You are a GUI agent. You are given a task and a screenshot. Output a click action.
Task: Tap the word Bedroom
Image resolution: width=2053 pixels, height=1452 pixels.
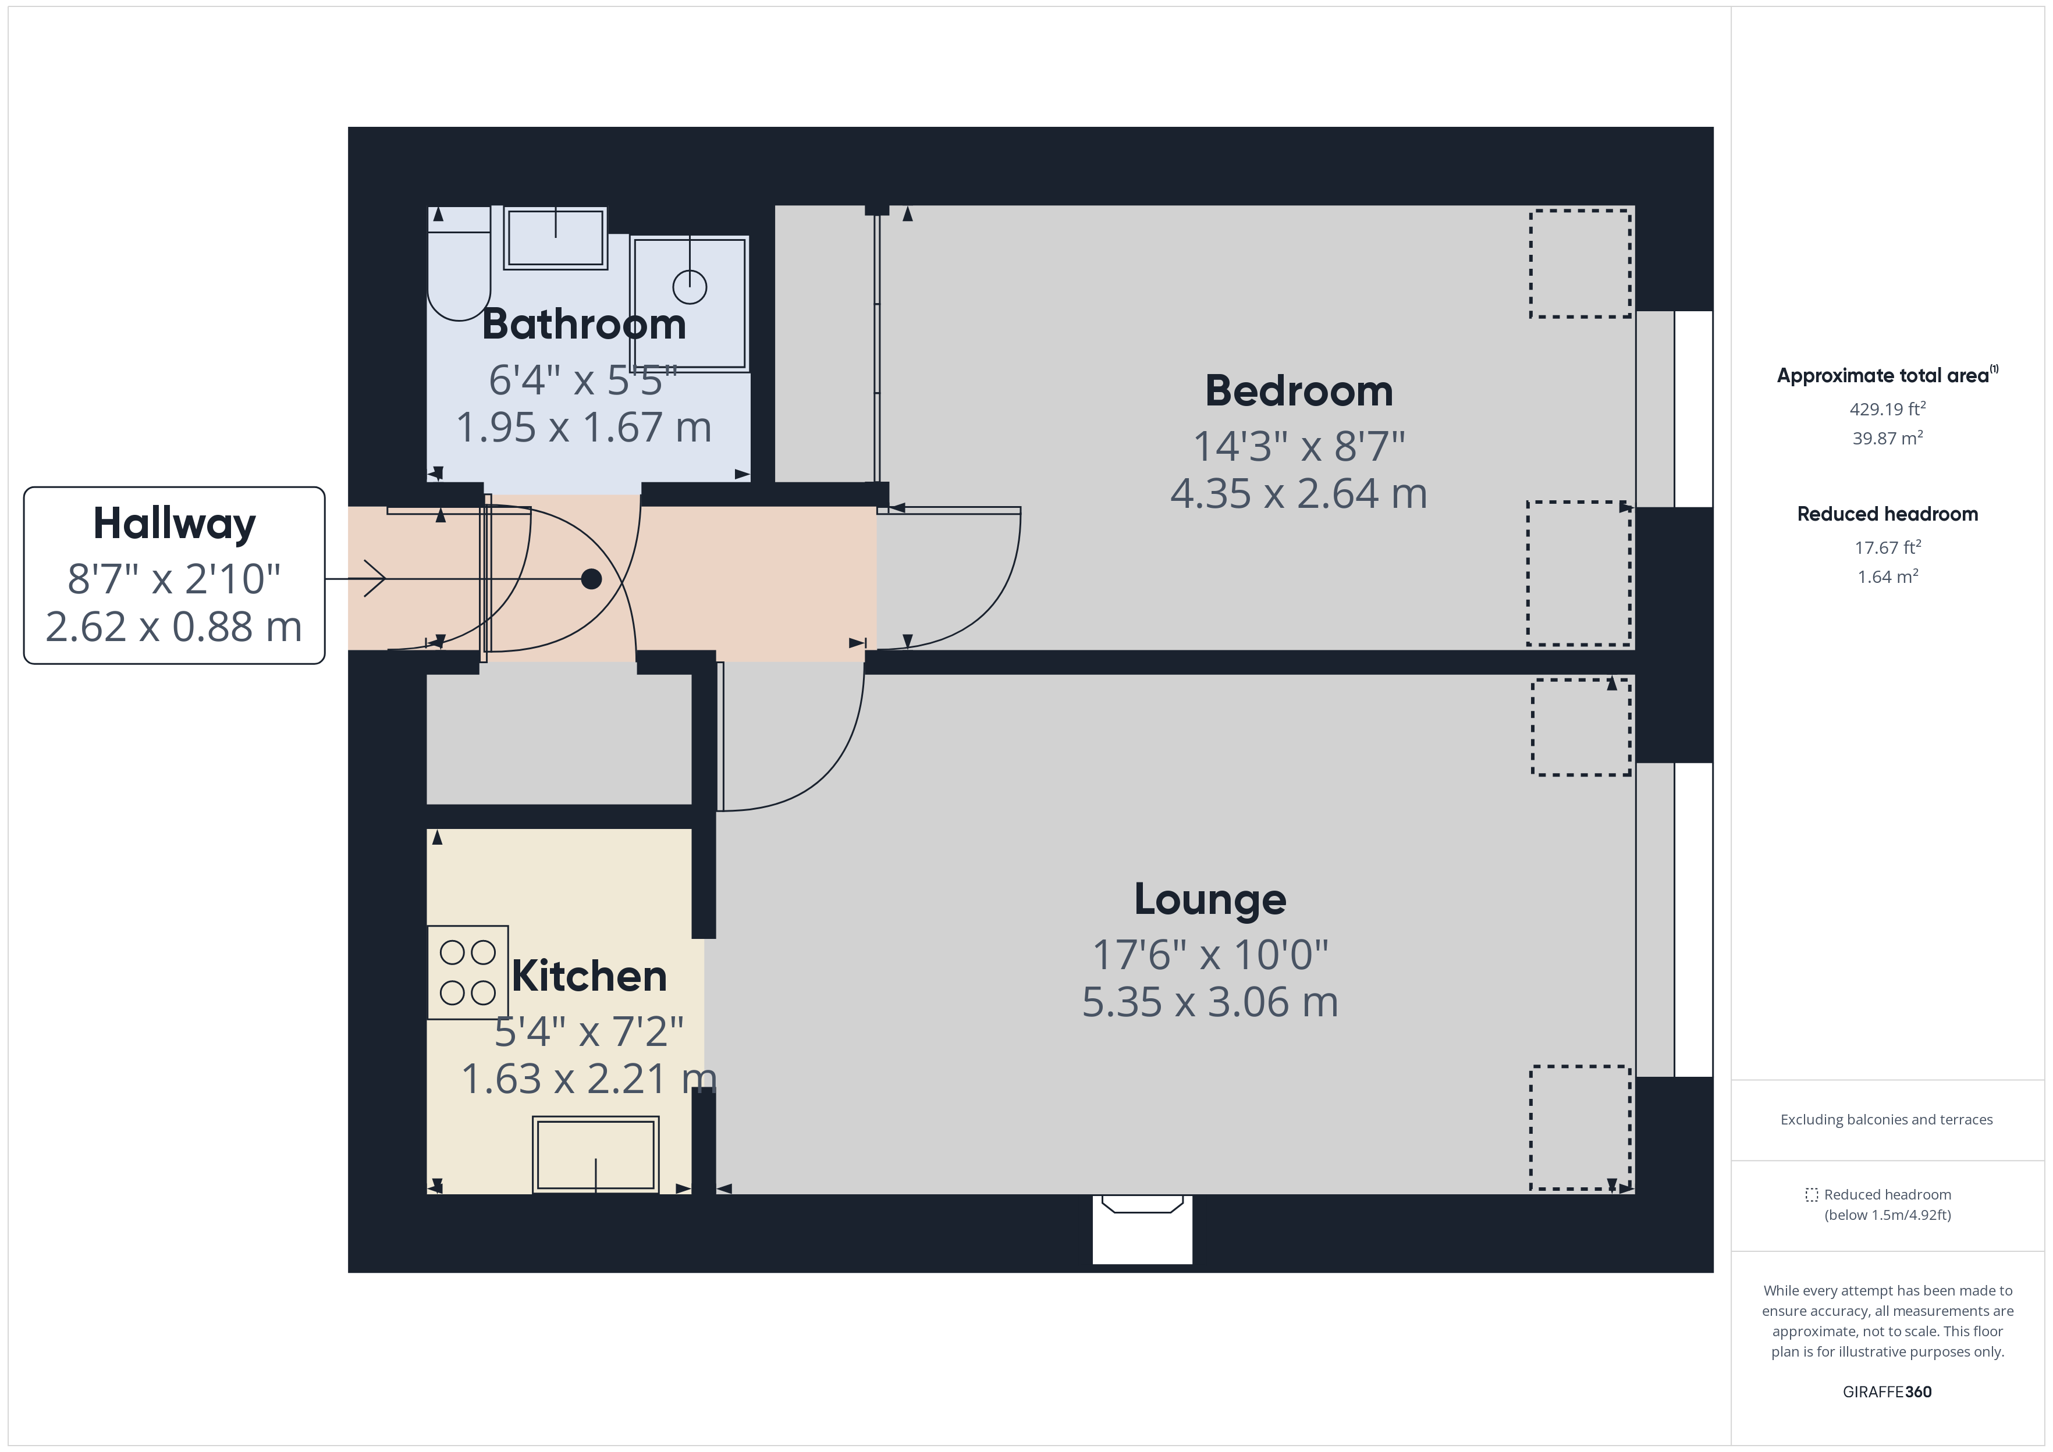click(1298, 392)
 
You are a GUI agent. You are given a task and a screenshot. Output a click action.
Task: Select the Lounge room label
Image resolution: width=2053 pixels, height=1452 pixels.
click(1210, 899)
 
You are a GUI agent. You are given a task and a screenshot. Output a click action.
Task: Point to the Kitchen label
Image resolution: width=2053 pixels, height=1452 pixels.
click(589, 976)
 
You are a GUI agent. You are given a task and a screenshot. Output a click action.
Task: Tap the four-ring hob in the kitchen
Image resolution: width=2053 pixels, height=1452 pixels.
click(468, 973)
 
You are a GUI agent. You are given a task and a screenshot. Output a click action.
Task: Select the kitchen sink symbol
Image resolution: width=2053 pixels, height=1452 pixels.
click(595, 1154)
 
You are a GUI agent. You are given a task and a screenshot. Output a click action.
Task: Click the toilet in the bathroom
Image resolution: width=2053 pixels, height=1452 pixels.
click(459, 268)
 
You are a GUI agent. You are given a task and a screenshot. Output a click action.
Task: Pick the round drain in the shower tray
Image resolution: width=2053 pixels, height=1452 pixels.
click(690, 287)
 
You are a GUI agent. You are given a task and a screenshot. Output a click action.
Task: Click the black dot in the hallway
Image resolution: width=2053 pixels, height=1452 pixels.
click(591, 579)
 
